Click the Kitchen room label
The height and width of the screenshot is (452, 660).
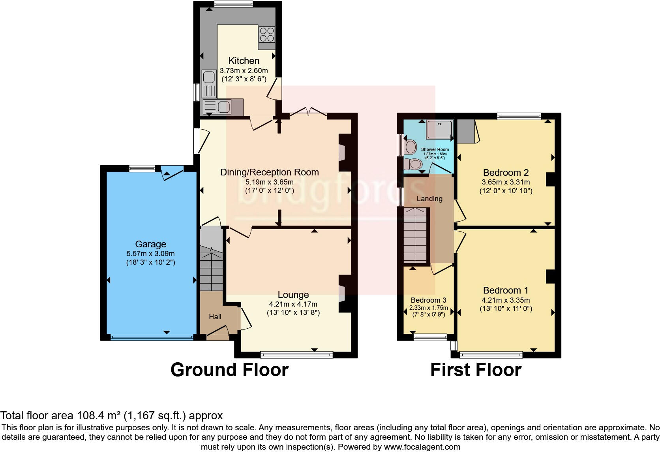[x=244, y=61]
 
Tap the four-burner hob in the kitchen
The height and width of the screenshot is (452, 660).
[x=266, y=34]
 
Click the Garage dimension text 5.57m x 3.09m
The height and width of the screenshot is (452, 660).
[x=150, y=254]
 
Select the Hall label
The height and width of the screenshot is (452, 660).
[x=215, y=317]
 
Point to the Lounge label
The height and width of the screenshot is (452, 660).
[x=293, y=295]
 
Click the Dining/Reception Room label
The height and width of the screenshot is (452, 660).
[x=269, y=172]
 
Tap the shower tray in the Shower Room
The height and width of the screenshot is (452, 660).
[x=439, y=130]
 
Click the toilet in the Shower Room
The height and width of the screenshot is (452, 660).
[x=413, y=163]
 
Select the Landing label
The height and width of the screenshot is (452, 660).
[x=429, y=199]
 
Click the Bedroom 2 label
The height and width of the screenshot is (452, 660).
[x=506, y=173]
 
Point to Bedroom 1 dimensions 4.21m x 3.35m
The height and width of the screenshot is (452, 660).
[x=506, y=300]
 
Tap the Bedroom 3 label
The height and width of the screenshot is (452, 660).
[x=428, y=300]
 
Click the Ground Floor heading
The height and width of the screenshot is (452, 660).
[x=229, y=370]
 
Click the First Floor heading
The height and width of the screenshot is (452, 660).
[x=476, y=370]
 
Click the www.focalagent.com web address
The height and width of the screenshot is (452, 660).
[x=422, y=447]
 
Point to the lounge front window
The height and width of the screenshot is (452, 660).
[x=296, y=355]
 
